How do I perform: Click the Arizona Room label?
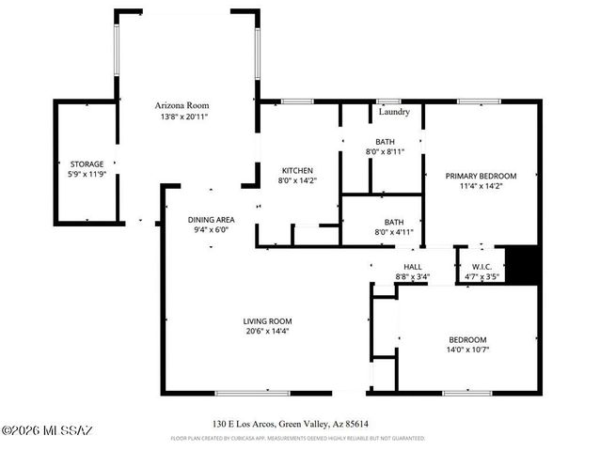pos(182,105)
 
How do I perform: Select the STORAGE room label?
pos(87,163)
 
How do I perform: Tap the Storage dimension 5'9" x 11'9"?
pos(87,175)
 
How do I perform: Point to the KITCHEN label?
pos(296,170)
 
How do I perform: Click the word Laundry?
pos(393,112)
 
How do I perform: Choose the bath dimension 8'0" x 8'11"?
pos(384,151)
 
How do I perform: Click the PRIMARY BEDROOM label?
pos(481,176)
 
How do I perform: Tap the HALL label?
pos(412,267)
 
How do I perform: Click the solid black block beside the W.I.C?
pos(522,263)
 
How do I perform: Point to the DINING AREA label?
pos(212,218)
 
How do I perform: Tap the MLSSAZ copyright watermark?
pos(47,430)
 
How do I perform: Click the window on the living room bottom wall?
pos(252,393)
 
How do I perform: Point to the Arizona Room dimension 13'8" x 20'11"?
pos(182,117)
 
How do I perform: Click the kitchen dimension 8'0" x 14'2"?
pos(296,180)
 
